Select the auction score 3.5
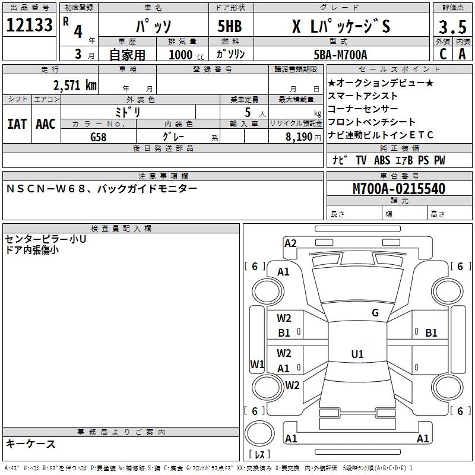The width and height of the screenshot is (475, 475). click(x=451, y=27)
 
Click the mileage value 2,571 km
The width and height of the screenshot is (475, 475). click(x=74, y=85)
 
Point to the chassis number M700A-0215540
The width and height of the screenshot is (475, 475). click(x=399, y=189)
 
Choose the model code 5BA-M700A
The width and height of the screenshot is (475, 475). click(x=340, y=55)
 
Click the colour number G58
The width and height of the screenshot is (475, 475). click(x=99, y=137)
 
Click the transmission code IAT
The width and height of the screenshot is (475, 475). click(x=17, y=124)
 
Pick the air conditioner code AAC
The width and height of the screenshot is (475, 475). click(x=45, y=124)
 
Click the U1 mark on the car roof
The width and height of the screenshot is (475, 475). click(x=357, y=354)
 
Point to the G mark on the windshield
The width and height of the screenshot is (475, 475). click(x=375, y=313)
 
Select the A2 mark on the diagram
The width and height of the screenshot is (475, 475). click(x=290, y=243)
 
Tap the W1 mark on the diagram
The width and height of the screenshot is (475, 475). click(x=256, y=364)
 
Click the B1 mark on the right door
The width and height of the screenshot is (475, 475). click(x=431, y=332)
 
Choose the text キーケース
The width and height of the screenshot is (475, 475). click(x=31, y=444)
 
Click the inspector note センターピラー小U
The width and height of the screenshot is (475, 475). click(x=46, y=239)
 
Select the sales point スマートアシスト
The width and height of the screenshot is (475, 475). click(x=363, y=96)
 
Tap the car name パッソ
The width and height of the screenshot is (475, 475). click(x=153, y=27)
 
